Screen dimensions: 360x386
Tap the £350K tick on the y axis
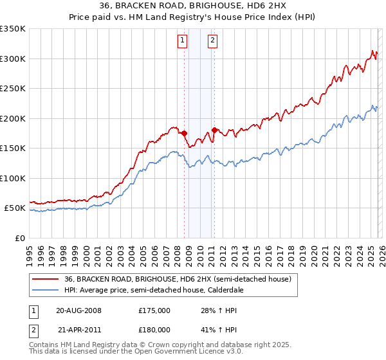[13, 29]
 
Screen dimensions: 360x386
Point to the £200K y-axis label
[13, 118]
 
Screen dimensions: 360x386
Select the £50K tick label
[15, 208]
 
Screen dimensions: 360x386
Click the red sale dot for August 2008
[184, 133]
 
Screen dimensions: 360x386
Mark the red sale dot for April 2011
[214, 130]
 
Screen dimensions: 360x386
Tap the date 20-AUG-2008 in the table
[78, 310]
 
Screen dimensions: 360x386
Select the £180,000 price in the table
[154, 329]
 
